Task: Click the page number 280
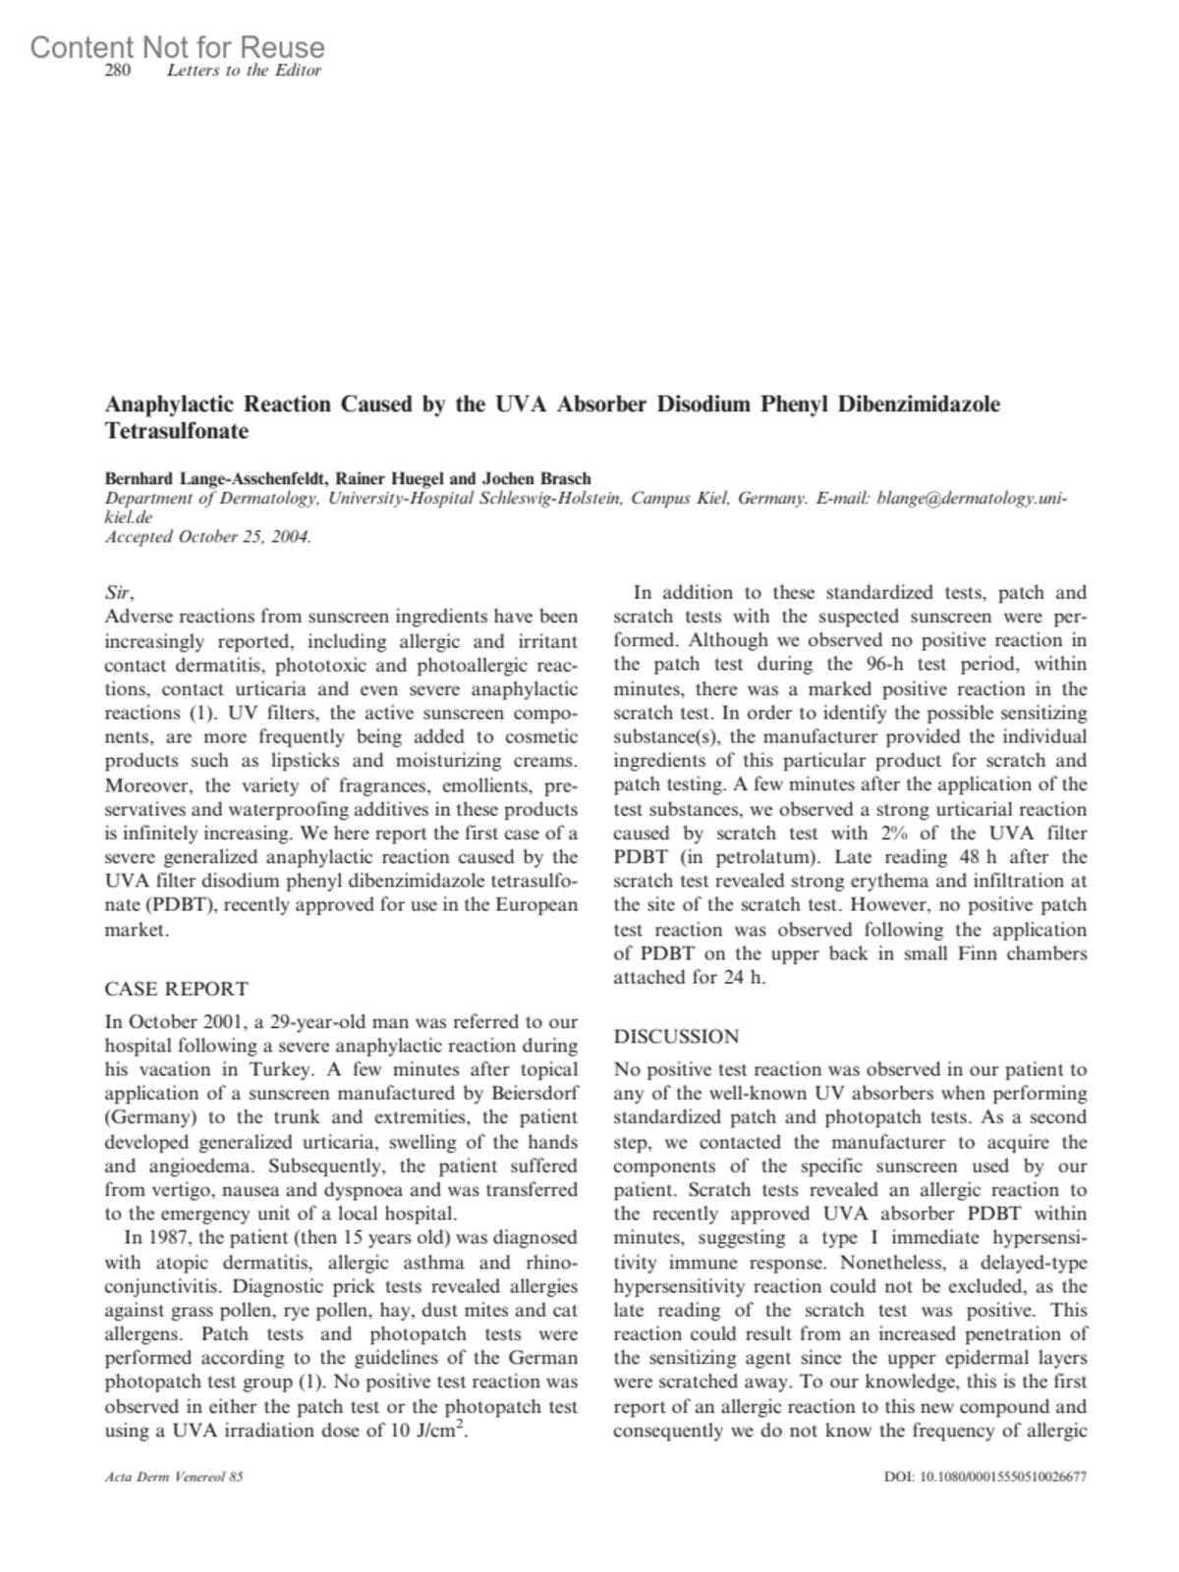(118, 71)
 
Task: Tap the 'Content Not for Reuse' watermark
(177, 46)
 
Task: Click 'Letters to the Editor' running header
(245, 71)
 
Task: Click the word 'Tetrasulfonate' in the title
(177, 430)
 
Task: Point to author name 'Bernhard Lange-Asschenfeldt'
(216, 479)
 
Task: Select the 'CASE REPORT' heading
(177, 989)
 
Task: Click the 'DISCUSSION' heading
(676, 1036)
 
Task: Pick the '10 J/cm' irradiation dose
(425, 1431)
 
